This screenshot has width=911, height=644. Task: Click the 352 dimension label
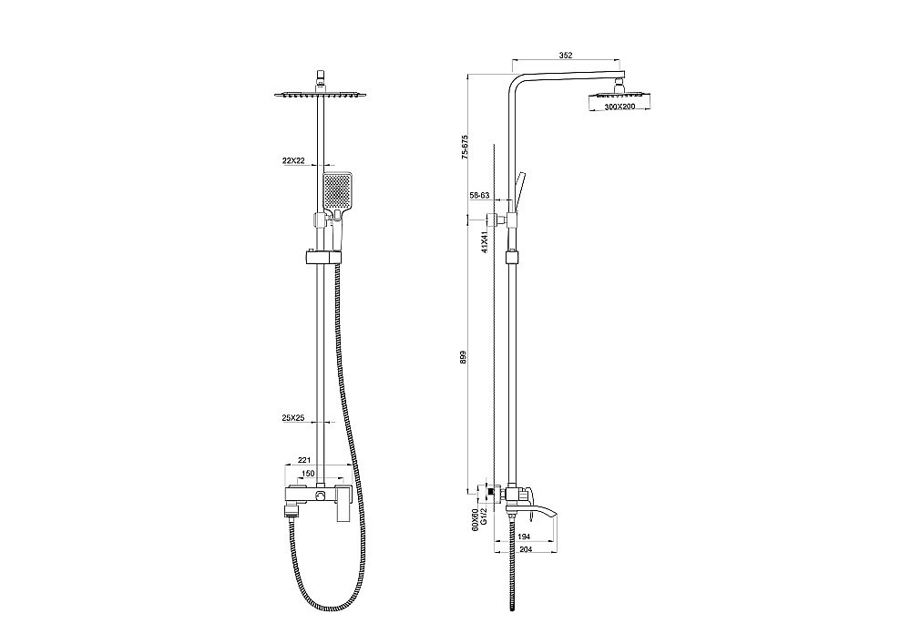(565, 56)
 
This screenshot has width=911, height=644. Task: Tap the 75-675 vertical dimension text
(465, 148)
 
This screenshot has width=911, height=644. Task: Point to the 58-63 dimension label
(479, 196)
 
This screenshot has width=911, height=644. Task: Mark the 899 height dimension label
(465, 358)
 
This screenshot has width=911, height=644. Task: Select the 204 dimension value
(524, 551)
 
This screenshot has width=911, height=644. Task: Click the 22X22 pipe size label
(293, 160)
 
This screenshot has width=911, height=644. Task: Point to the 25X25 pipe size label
(293, 418)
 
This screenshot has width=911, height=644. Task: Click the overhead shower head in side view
(619, 96)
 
